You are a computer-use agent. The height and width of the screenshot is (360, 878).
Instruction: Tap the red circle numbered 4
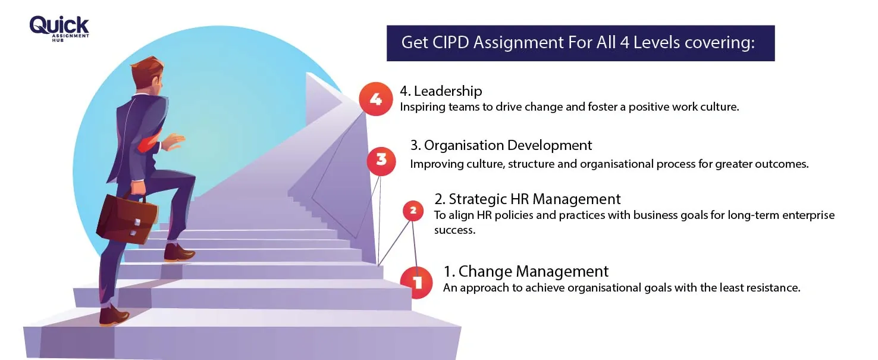click(x=376, y=99)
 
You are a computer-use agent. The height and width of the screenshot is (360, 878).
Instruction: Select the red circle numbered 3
click(x=381, y=160)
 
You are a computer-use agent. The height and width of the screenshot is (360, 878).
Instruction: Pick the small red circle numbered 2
click(x=413, y=209)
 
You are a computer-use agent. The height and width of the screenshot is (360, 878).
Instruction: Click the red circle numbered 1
click(x=417, y=281)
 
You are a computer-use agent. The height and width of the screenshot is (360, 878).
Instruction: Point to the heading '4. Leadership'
click(x=441, y=91)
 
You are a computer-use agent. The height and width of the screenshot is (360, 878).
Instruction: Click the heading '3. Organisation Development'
click(x=501, y=145)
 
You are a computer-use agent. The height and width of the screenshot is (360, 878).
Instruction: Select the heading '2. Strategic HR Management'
click(x=527, y=199)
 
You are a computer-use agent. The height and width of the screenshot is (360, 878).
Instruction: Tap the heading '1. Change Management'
click(x=526, y=271)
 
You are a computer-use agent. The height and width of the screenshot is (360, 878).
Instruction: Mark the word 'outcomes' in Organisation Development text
click(x=782, y=164)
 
